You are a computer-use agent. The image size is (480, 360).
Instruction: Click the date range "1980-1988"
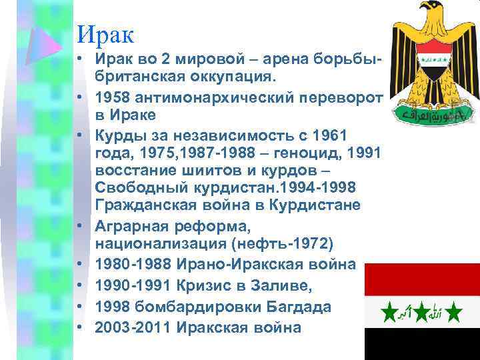point(133,265)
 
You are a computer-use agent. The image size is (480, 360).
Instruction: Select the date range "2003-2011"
point(133,327)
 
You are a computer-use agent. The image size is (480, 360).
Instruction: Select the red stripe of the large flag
point(421,279)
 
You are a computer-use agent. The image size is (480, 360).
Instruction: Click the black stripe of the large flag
point(421,344)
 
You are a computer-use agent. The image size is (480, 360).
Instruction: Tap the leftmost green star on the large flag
point(389,311)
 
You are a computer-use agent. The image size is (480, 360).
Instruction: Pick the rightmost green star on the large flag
point(454,311)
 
